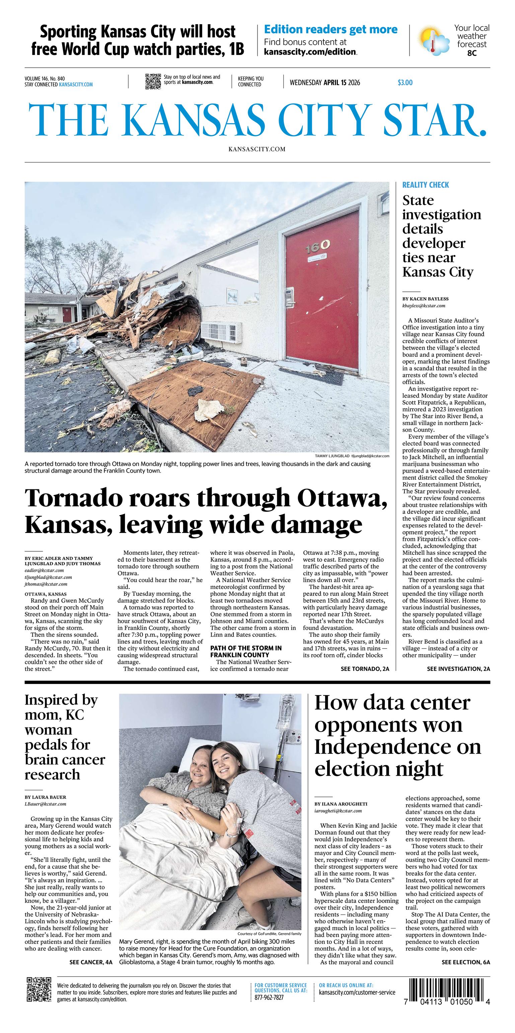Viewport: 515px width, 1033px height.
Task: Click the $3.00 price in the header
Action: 405,83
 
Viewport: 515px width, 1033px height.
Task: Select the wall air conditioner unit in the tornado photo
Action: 221,331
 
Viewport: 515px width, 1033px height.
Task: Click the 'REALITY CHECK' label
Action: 426,185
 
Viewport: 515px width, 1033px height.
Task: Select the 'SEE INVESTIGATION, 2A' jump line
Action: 458,669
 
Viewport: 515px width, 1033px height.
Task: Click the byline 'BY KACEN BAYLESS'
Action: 425,299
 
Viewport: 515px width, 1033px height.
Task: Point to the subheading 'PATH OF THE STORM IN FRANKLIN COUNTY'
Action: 246,651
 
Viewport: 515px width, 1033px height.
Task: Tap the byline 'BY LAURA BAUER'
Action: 45,797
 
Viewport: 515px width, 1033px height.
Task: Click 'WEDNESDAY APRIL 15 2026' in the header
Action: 324,83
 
